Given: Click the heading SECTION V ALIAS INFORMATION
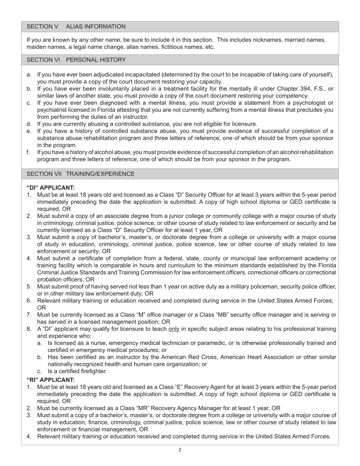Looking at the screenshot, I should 76,27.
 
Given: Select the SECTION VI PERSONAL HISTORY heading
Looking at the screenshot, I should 76,60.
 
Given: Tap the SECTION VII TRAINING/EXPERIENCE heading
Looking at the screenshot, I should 80,174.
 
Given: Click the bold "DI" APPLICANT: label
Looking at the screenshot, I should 50,188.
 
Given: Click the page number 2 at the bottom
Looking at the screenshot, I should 180,450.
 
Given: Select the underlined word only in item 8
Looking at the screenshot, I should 174,329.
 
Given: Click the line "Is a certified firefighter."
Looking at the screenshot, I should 77,371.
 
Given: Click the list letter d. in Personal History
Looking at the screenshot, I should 29,124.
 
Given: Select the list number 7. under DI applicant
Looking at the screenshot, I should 29,315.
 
